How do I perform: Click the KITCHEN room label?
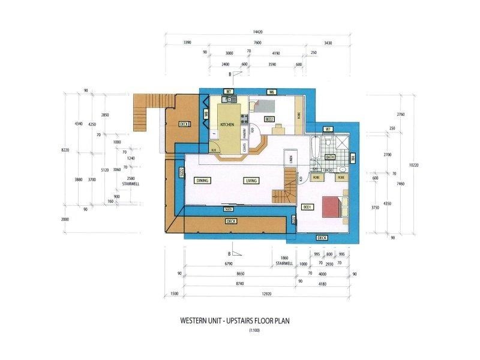click(x=227, y=124)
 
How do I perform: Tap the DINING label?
click(x=202, y=180)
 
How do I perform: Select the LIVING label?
click(x=251, y=180)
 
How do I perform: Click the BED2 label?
click(x=269, y=119)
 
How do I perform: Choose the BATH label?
click(x=329, y=157)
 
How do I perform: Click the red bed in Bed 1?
click(x=331, y=207)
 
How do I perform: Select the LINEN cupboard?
click(x=290, y=158)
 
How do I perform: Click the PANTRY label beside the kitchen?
click(x=244, y=132)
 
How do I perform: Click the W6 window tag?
click(x=272, y=92)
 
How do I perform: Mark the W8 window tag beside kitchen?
click(x=205, y=113)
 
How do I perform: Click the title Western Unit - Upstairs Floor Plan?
click(x=235, y=321)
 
